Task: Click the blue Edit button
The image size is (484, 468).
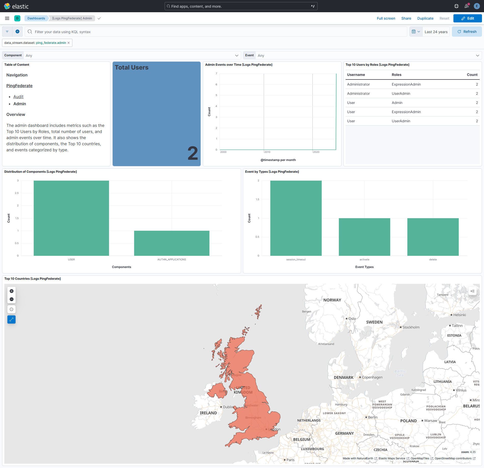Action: tap(467, 18)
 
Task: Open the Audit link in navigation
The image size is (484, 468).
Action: tap(18, 97)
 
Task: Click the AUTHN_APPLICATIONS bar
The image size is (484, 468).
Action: tap(172, 243)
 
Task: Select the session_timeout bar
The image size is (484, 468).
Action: tap(296, 218)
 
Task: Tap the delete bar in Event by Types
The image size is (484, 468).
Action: tap(433, 237)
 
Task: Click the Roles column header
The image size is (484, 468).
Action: tap(396, 75)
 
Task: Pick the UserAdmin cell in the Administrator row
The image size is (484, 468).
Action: tap(401, 93)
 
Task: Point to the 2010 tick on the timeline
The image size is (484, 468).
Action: tap(267, 152)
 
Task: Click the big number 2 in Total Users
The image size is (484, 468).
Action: tap(193, 153)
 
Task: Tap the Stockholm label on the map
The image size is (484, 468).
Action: tap(411, 327)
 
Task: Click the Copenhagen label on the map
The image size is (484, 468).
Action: tap(372, 377)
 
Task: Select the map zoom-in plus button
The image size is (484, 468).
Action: tap(11, 291)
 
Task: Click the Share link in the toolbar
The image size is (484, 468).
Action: tap(406, 18)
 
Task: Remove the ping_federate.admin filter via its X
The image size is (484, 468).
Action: tap(69, 43)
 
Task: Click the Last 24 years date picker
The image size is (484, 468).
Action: tap(436, 32)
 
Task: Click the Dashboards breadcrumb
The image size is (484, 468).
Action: tap(36, 18)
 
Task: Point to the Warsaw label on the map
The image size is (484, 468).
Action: tap(430, 421)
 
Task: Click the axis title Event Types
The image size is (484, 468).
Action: tap(364, 267)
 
